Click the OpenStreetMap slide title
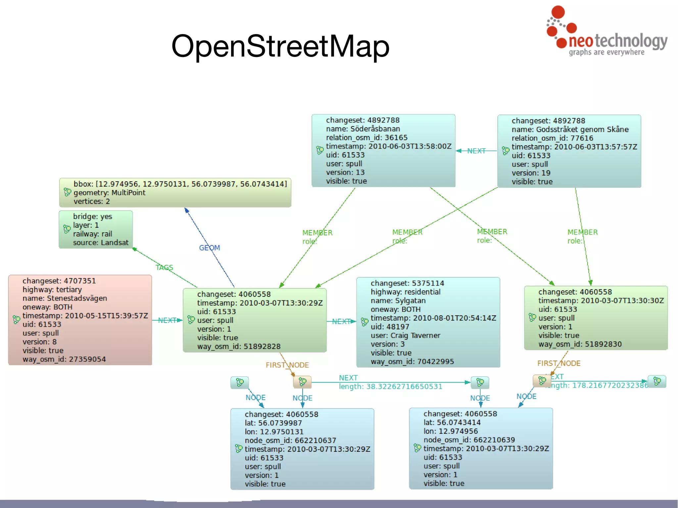(x=280, y=46)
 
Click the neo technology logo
(x=606, y=33)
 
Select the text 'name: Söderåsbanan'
(x=363, y=129)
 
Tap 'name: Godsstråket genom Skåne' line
(x=570, y=129)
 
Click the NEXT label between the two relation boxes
(x=476, y=151)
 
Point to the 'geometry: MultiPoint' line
(x=109, y=193)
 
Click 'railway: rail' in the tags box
(x=92, y=234)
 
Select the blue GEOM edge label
(x=209, y=248)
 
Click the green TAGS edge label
(x=164, y=267)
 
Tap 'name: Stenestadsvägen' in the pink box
(x=65, y=298)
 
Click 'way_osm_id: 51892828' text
(x=239, y=346)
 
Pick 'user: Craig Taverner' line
(x=405, y=335)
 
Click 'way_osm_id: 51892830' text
(x=580, y=344)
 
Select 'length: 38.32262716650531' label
(x=390, y=387)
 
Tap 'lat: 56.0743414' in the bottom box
(x=452, y=423)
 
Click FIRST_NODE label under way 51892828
(x=287, y=365)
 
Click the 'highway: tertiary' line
(x=52, y=290)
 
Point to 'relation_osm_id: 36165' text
(x=366, y=138)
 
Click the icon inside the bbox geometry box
(x=67, y=192)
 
